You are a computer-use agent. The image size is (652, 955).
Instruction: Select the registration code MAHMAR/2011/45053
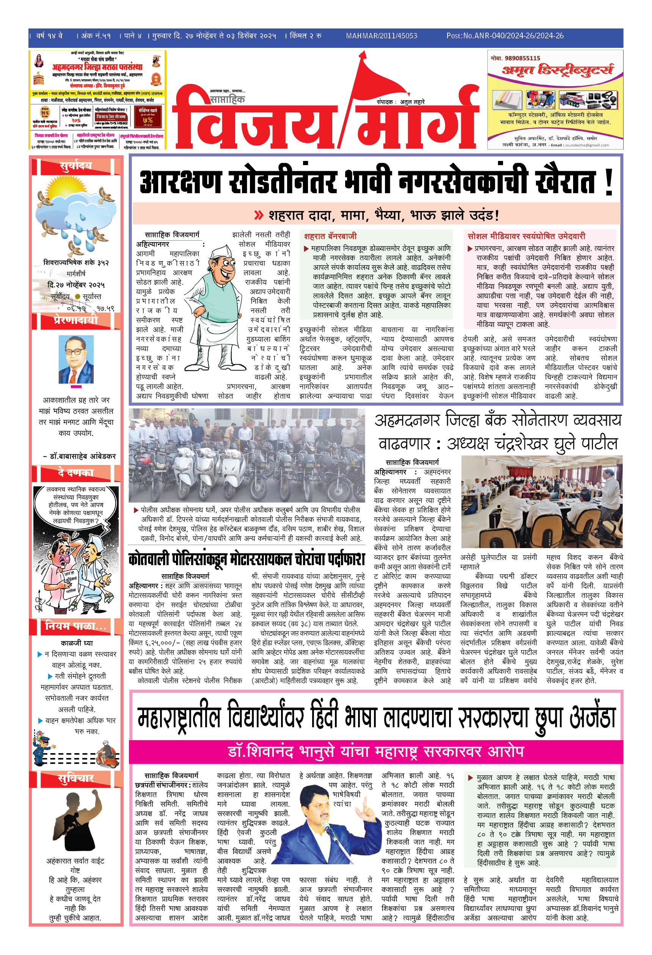(x=382, y=36)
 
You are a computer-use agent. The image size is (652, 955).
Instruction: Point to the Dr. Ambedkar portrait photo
(x=76, y=359)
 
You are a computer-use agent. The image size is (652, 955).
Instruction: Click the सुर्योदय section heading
(x=76, y=165)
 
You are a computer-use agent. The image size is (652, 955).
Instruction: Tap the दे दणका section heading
(x=76, y=473)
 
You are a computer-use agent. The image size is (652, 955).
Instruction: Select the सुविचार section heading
(x=76, y=778)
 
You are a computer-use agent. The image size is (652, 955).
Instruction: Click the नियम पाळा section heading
(x=76, y=626)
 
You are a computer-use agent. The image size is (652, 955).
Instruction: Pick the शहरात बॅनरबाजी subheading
(x=330, y=236)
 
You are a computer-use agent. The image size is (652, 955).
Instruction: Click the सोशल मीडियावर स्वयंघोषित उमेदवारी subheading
(x=526, y=236)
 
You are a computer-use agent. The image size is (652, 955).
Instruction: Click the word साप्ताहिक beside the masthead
(x=227, y=99)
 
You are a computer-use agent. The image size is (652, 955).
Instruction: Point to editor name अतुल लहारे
(x=412, y=101)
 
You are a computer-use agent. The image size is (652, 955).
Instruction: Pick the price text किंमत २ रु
(x=305, y=36)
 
